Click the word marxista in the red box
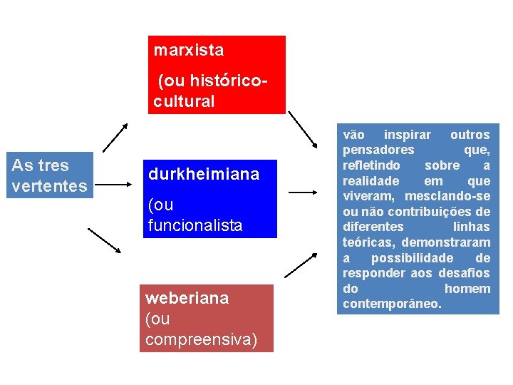189,51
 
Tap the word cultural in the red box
184,101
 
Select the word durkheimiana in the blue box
204,175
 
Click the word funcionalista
195,225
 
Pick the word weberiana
187,298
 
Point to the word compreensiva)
201,339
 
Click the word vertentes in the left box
50,186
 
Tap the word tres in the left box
54,165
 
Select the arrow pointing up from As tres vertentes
115,138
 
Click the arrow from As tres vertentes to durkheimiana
118,183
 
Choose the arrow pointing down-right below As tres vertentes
104,241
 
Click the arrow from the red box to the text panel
303,130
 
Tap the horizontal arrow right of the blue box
303,192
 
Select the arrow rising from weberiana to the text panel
300,265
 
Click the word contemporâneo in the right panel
392,304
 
